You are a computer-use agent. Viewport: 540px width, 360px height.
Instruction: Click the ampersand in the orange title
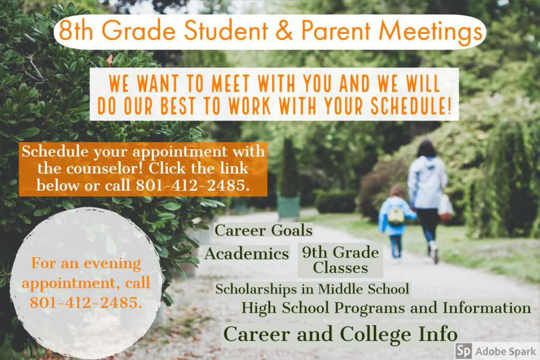284,30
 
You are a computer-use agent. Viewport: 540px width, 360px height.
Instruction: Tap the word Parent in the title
336,30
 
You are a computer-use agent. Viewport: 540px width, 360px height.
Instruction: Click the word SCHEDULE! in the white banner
411,105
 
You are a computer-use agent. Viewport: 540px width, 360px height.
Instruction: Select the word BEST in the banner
178,105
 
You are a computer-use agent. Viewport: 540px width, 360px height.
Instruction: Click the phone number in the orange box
192,185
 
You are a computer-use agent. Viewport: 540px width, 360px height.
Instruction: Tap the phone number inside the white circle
86,303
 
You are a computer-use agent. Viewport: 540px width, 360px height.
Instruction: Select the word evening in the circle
112,264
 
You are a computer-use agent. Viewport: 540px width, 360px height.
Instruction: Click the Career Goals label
264,230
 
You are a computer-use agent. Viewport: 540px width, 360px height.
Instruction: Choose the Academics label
247,254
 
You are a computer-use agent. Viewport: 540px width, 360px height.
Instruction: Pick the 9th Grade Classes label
340,260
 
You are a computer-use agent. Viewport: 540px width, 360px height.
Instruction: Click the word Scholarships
256,289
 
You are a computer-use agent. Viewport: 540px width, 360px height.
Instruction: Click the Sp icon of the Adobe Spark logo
464,351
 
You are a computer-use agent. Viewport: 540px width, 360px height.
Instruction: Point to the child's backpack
396,216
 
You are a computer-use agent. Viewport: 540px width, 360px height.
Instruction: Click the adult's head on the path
427,149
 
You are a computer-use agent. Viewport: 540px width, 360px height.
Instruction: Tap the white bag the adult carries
445,205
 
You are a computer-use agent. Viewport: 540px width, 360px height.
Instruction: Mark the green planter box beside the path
288,206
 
